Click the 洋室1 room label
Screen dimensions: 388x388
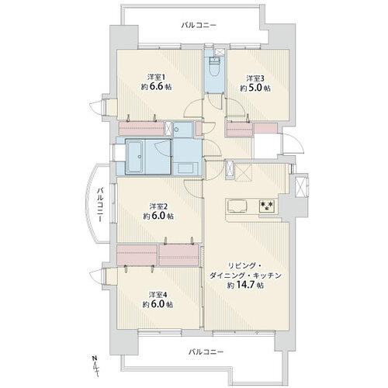pyautogui.click(x=156, y=77)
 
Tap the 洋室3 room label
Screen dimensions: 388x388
pyautogui.click(x=255, y=78)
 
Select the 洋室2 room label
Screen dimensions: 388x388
pyautogui.click(x=158, y=206)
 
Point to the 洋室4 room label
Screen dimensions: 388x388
pyautogui.click(x=158, y=295)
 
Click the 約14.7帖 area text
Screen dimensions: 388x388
pyautogui.click(x=245, y=285)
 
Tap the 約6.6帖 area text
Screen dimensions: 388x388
pyautogui.click(x=156, y=87)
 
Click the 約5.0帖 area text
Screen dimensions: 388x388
pyautogui.click(x=255, y=88)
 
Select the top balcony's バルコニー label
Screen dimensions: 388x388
pyautogui.click(x=199, y=26)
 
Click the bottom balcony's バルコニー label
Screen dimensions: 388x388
pyautogui.click(x=206, y=352)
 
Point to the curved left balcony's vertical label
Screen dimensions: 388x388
pyautogui.click(x=100, y=205)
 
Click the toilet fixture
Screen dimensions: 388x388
pyautogui.click(x=215, y=66)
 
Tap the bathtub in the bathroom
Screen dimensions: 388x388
pyautogui.click(x=134, y=157)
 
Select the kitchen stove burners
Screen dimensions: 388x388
pyautogui.click(x=267, y=206)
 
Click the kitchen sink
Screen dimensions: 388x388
pyautogui.click(x=237, y=206)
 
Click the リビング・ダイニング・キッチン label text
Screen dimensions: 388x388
pyautogui.click(x=245, y=271)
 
